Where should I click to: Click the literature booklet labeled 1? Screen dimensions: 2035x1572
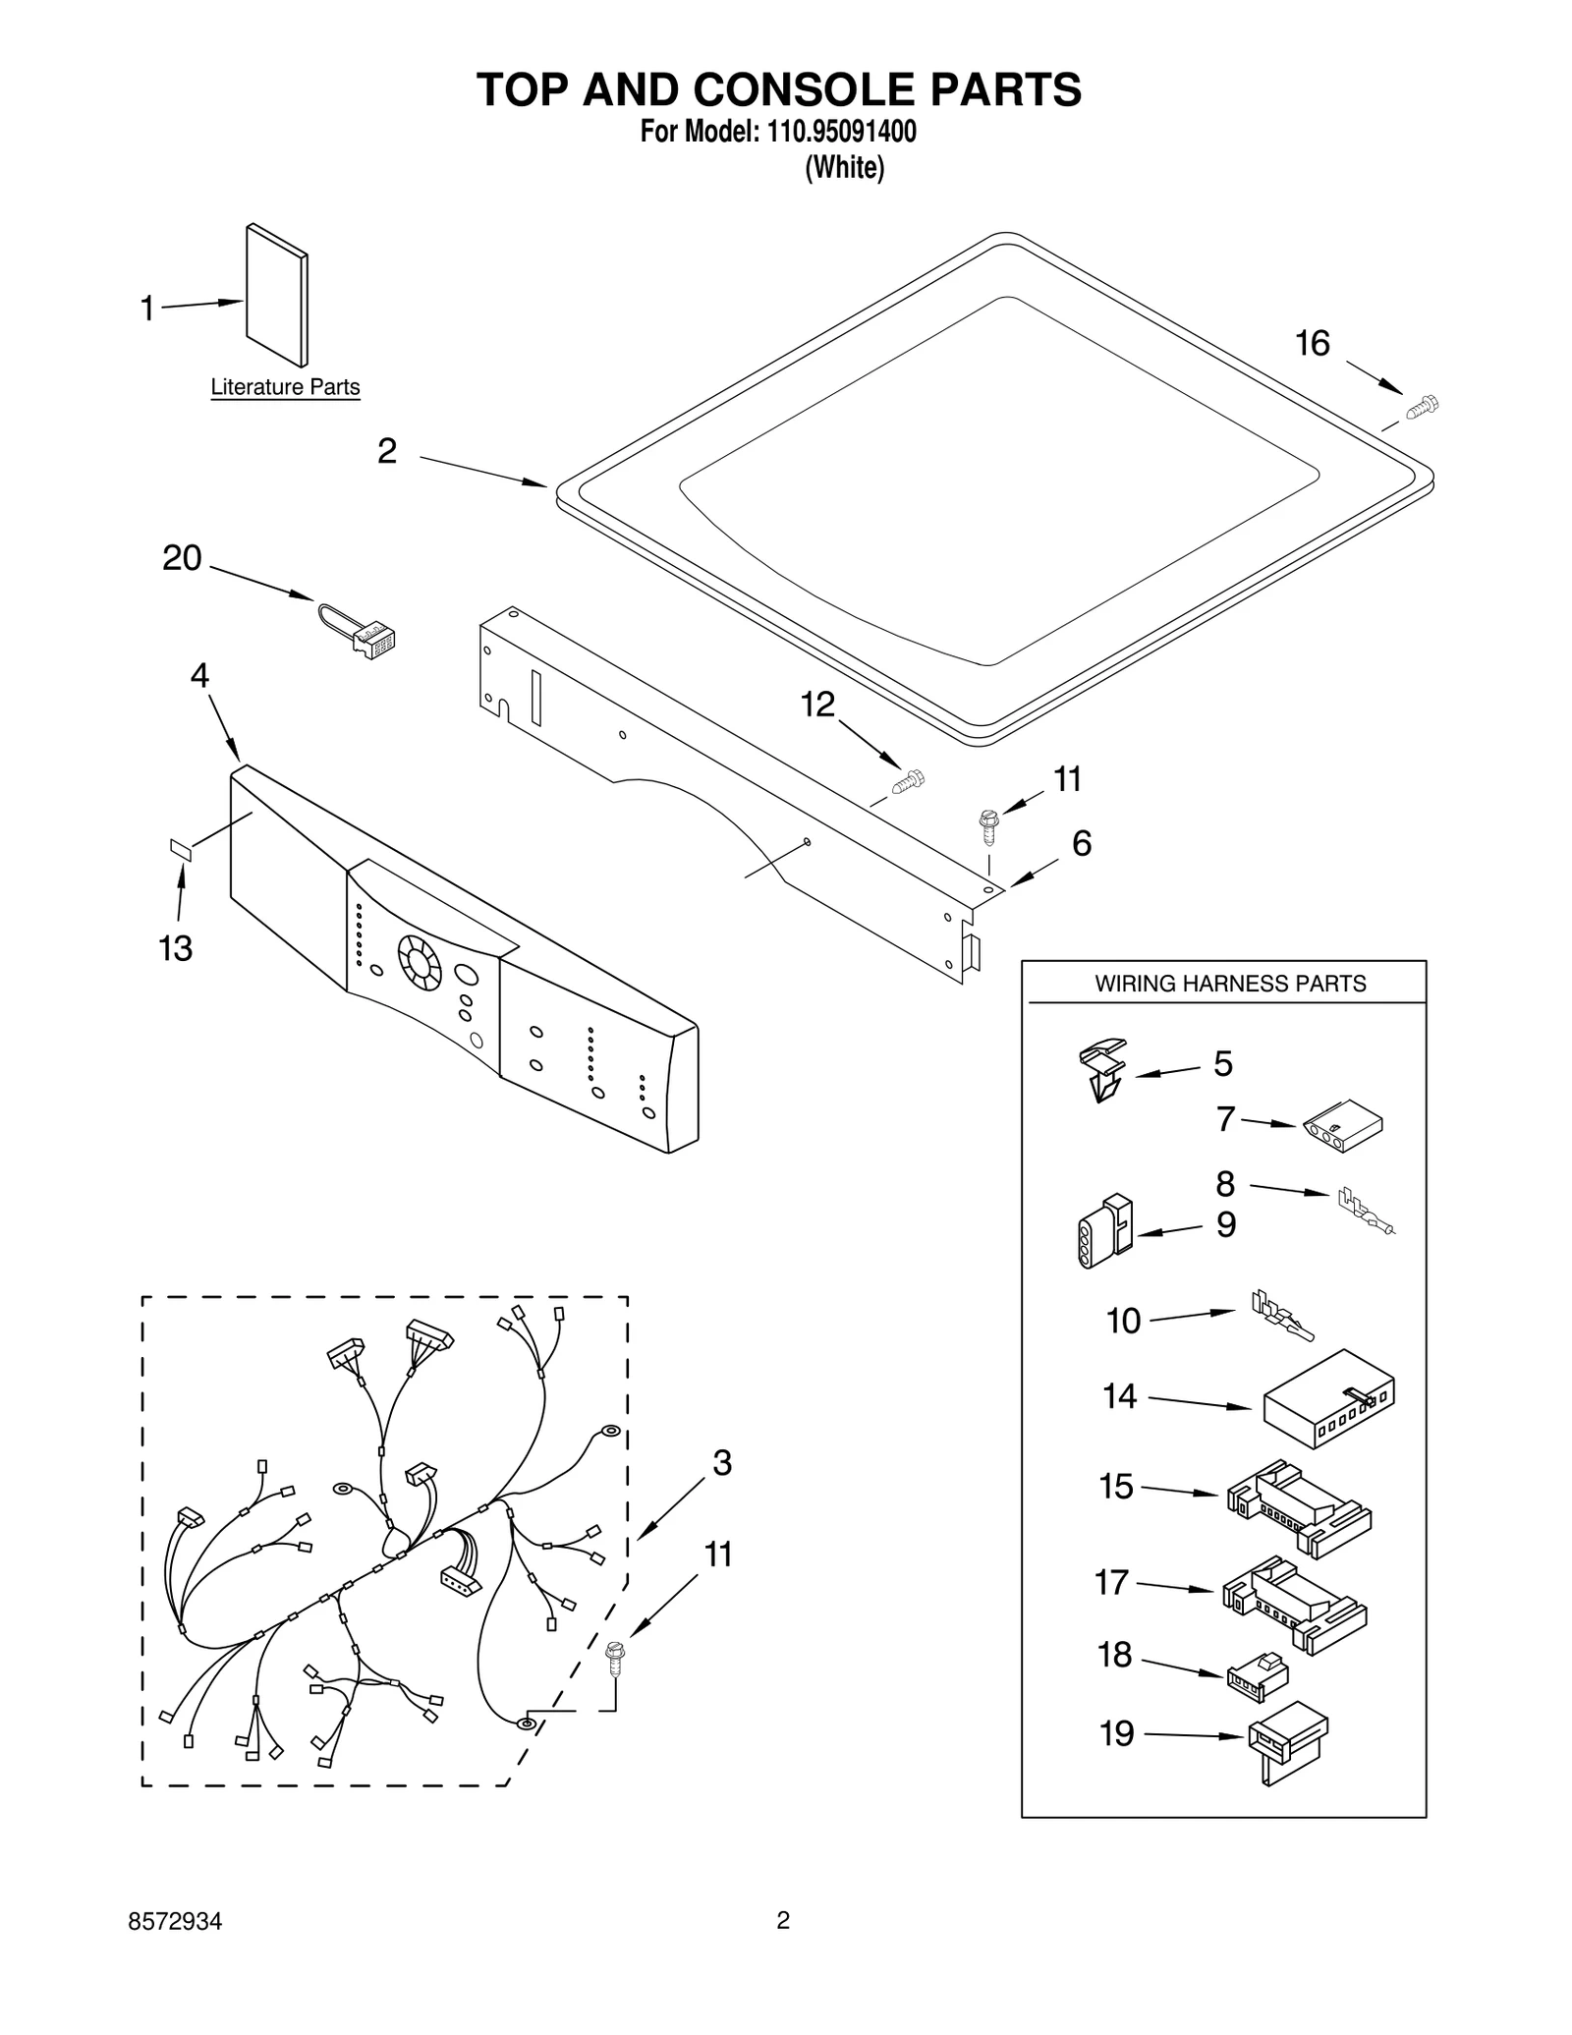(276, 294)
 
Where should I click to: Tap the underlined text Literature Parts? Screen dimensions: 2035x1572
(285, 387)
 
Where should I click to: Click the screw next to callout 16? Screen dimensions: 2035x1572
(1422, 407)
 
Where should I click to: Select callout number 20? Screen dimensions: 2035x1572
(182, 558)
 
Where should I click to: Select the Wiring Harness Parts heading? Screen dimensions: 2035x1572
(1230, 984)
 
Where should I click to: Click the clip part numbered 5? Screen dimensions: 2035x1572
(1102, 1070)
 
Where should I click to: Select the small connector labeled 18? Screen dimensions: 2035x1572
(1258, 1676)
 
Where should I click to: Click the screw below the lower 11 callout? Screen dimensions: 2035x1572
(616, 1661)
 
